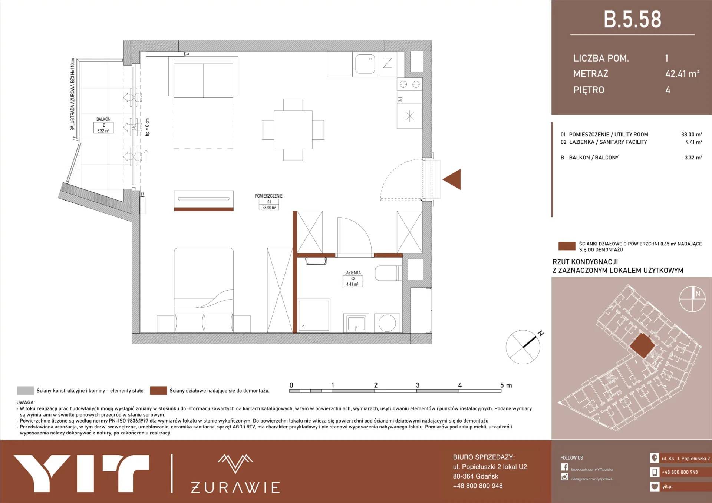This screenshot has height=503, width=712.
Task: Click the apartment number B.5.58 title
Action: coord(632,20)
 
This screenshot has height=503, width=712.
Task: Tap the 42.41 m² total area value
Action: coord(682,74)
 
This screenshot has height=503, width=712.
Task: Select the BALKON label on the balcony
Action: coord(103,119)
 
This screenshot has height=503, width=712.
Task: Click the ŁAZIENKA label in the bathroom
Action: coord(352,272)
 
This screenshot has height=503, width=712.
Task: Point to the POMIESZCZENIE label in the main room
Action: coord(268,196)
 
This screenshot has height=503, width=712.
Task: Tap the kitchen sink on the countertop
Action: coord(365,64)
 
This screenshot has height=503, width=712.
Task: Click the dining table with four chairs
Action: coord(293,130)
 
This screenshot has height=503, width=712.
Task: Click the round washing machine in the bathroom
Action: coord(387,323)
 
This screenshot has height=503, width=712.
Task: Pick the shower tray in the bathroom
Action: coord(314,315)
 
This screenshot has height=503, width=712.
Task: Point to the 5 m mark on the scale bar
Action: coord(506,385)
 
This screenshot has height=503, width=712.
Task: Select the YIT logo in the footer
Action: coord(82,474)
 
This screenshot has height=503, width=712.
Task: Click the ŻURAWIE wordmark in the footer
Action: coord(235,487)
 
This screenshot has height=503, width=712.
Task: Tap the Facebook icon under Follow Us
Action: coord(564,467)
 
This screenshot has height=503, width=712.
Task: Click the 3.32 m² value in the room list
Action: coord(693,158)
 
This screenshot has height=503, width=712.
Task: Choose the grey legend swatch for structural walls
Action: coord(25,390)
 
